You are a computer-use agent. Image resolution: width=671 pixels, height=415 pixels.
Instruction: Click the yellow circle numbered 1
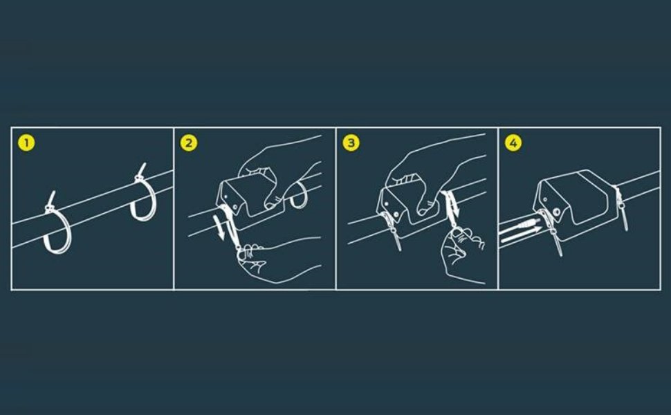coord(26,142)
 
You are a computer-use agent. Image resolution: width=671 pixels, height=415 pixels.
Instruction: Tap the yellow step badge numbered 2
coord(189,142)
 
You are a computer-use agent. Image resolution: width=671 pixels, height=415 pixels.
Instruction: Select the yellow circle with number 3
coord(351,142)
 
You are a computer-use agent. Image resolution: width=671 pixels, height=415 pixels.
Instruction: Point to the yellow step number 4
coord(513,142)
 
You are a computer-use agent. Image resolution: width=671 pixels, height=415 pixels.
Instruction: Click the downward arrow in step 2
coord(219,228)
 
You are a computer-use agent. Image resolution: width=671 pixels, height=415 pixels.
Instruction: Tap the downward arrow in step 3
coord(455,206)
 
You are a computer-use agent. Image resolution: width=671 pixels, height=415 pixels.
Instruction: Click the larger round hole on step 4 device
coord(557,212)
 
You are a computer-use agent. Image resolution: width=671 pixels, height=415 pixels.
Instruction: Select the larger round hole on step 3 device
coord(396,213)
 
